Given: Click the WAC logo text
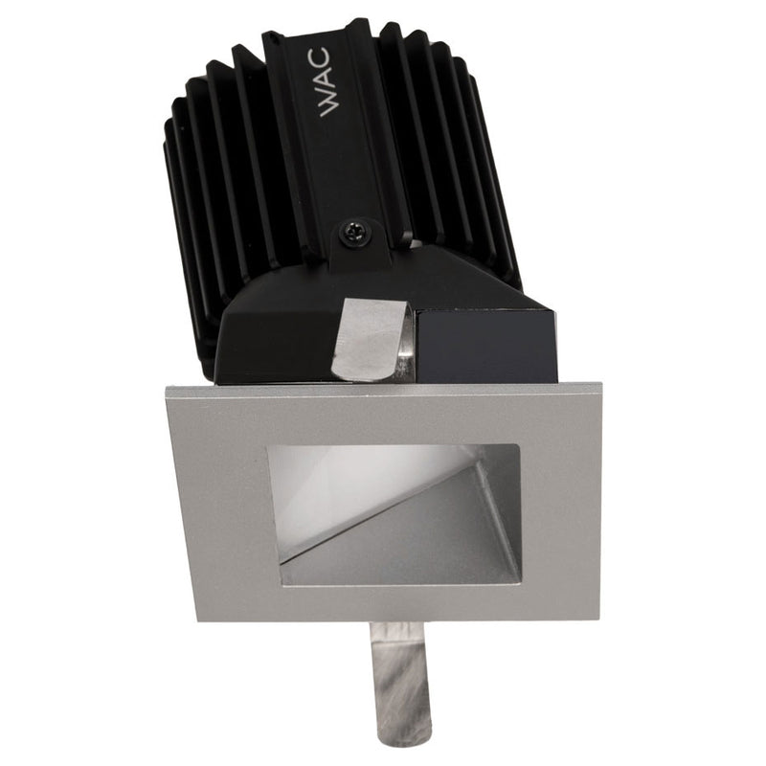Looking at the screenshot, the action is tap(328, 82).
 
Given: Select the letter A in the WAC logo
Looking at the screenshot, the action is tap(328, 79).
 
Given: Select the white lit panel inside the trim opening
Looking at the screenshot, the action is tap(351, 493).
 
